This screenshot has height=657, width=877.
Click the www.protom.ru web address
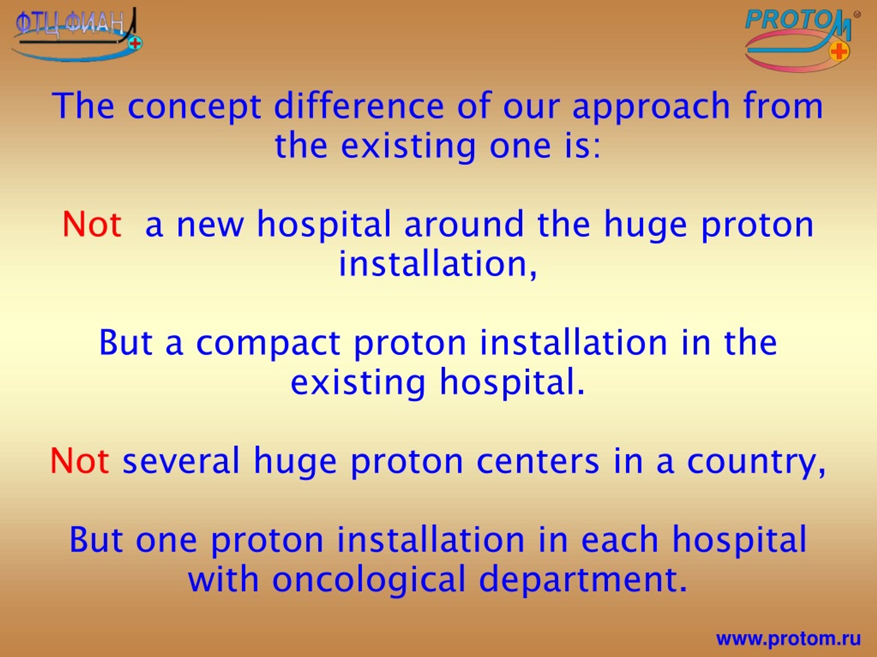[789, 639]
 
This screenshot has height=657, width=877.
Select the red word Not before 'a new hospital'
[92, 225]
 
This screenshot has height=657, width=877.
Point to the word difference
[359, 106]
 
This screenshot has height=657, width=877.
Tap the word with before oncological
[224, 579]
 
